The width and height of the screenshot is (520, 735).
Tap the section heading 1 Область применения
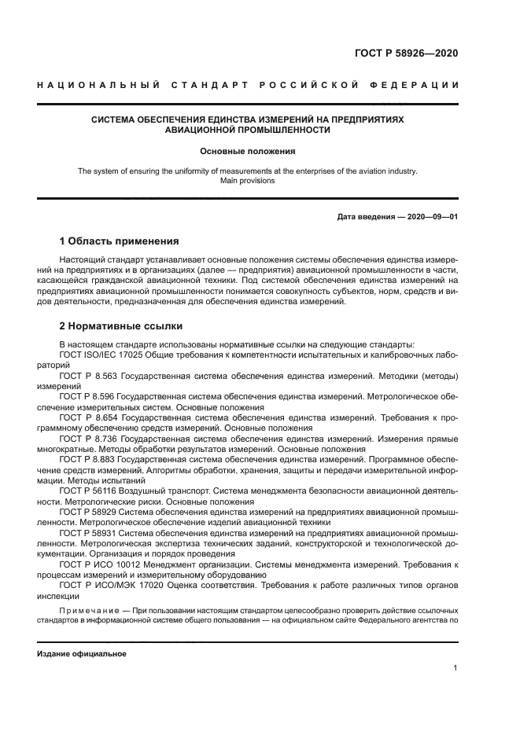click(120, 241)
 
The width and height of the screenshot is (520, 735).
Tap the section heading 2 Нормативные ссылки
click(121, 325)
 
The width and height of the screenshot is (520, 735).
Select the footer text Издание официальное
click(82, 653)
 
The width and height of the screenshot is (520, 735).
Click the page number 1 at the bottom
click(455, 667)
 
